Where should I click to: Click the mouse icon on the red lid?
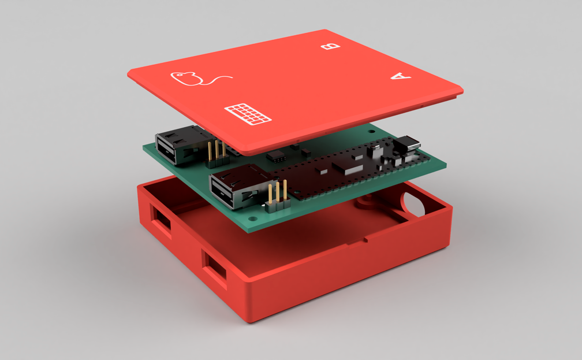[188, 79]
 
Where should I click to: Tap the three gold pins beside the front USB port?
[277, 194]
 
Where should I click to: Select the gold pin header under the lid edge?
[216, 150]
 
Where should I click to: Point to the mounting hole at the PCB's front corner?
[255, 218]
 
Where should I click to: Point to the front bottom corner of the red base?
[251, 319]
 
